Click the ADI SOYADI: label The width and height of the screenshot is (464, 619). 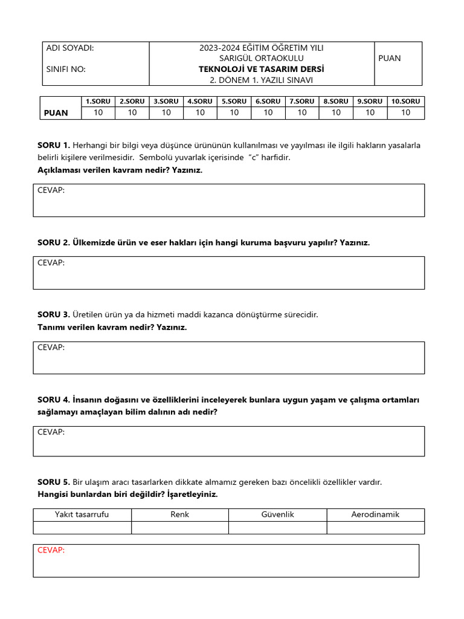click(x=70, y=48)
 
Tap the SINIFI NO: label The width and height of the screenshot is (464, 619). click(x=66, y=69)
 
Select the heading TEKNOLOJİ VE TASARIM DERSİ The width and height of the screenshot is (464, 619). click(x=261, y=69)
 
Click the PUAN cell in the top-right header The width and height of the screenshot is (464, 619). click(x=389, y=59)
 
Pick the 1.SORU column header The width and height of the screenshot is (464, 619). click(x=98, y=102)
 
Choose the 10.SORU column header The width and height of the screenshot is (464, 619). click(x=405, y=102)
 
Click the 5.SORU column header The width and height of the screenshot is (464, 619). click(x=234, y=102)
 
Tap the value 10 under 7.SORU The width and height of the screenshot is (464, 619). click(x=302, y=112)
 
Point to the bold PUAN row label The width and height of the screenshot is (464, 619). click(x=56, y=112)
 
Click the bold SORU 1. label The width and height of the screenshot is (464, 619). click(x=54, y=145)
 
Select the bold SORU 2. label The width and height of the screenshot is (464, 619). click(x=54, y=242)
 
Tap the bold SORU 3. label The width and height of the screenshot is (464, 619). click(x=54, y=314)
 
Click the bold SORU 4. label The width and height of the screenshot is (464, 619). click(x=54, y=400)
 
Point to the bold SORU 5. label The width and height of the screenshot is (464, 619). click(x=54, y=482)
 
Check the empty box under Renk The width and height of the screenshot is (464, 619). click(x=180, y=528)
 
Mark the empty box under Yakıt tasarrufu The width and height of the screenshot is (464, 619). click(x=82, y=528)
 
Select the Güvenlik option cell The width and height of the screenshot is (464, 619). click(x=277, y=514)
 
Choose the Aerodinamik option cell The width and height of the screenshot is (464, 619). click(x=375, y=514)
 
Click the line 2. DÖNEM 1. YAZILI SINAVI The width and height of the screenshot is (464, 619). click(x=261, y=80)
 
